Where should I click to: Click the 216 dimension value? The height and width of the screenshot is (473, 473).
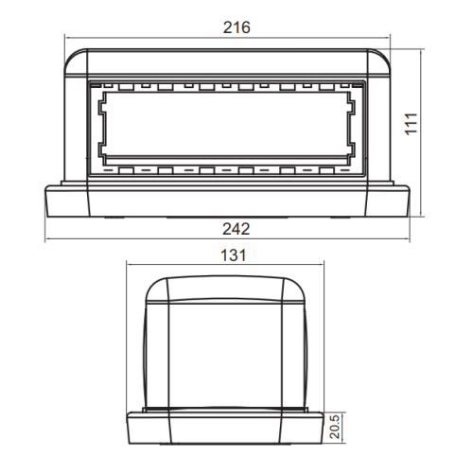tap(236, 27)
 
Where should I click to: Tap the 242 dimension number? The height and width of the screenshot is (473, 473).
tap(236, 229)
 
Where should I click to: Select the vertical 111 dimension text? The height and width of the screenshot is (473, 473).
tap(412, 124)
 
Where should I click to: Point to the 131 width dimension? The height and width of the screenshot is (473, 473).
tap(233, 255)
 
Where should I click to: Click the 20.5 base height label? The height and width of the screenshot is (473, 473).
tap(335, 427)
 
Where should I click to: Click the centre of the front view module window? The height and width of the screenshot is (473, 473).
tap(227, 124)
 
